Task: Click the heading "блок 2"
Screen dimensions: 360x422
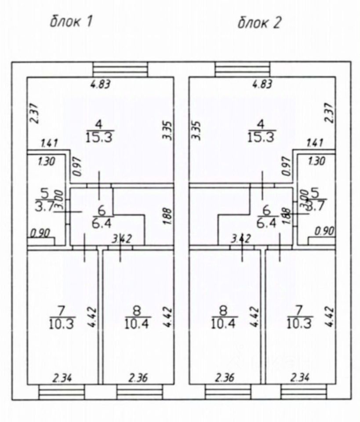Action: pos(259,22)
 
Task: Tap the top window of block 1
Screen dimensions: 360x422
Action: pos(120,69)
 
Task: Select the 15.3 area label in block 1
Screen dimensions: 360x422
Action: pos(101,137)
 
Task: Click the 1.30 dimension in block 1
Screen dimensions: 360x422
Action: pos(46,161)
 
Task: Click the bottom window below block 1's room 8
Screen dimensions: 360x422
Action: pos(137,391)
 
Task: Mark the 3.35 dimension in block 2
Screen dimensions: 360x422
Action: pos(196,131)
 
